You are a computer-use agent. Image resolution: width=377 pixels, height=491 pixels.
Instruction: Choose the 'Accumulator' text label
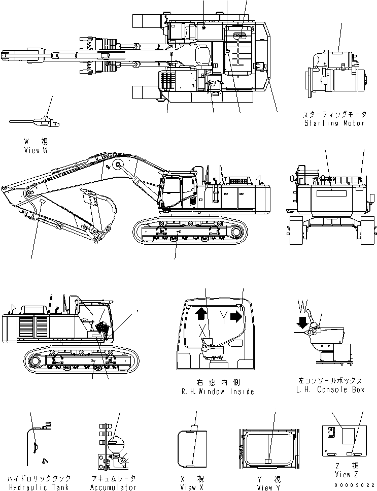(114, 487)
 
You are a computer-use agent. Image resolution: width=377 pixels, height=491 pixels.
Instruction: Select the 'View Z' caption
(343, 475)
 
